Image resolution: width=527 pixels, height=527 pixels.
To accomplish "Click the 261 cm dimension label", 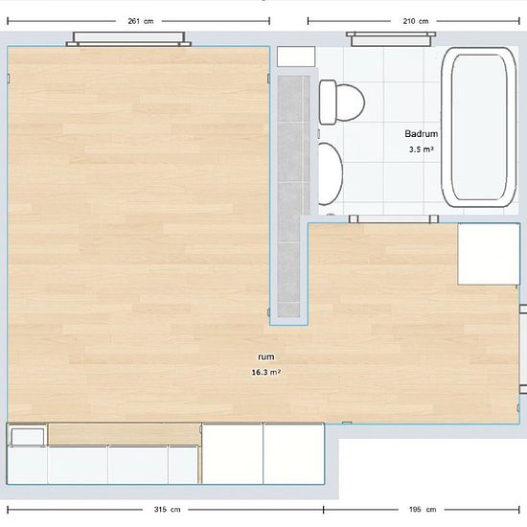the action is (x=141, y=21).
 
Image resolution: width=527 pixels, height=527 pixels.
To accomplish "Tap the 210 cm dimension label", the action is (x=416, y=21).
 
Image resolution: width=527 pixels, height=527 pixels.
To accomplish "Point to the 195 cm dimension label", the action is (x=423, y=510).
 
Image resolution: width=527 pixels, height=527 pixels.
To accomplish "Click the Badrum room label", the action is (x=422, y=134).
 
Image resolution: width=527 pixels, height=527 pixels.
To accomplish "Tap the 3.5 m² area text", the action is (x=421, y=149).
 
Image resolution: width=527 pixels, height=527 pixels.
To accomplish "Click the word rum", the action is (x=266, y=356).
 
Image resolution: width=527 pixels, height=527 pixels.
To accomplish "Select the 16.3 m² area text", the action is (x=266, y=372).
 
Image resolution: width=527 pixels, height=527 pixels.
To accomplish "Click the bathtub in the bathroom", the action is (x=479, y=127).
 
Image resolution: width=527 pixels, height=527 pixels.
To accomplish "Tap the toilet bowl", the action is (x=350, y=103).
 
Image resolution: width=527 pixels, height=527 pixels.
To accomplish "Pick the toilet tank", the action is (x=328, y=103).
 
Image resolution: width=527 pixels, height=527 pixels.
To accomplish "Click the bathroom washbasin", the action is (x=330, y=173).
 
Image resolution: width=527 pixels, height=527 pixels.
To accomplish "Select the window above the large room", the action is (x=128, y=39).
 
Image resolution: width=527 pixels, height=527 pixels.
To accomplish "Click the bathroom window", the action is (x=391, y=39).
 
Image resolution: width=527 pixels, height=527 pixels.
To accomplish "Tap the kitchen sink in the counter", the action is (x=27, y=436).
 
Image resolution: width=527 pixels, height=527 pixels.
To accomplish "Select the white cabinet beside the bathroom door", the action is (x=489, y=254).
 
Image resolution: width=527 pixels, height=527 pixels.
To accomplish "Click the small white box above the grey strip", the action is (x=296, y=57).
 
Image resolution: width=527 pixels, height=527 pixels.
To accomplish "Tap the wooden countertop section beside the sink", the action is (x=124, y=434).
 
